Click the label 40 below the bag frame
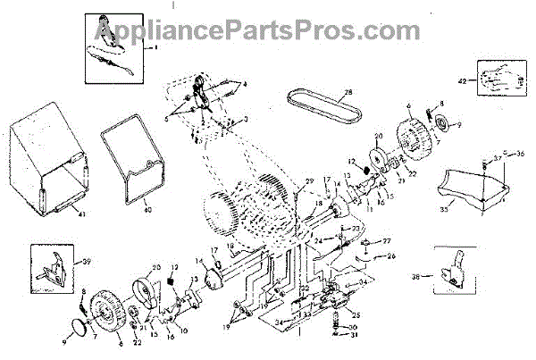pyautogui.click(x=147, y=213)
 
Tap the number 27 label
pyautogui.click(x=388, y=241)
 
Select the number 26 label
pyautogui.click(x=389, y=256)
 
